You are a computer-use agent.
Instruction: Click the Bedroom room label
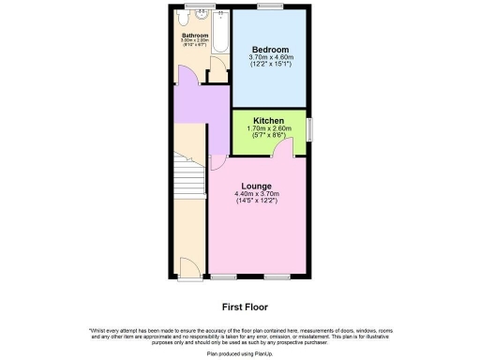tap(269, 49)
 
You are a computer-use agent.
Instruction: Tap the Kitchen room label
tap(269, 120)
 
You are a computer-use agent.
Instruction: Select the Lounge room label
tap(255, 186)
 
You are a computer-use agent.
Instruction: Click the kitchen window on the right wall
tap(309, 128)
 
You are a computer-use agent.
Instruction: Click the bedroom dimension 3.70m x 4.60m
tap(269, 58)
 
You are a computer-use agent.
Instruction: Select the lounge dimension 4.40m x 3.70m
tap(255, 195)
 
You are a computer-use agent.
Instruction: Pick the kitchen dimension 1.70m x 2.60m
tap(269, 128)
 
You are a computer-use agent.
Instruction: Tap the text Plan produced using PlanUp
tap(239, 353)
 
